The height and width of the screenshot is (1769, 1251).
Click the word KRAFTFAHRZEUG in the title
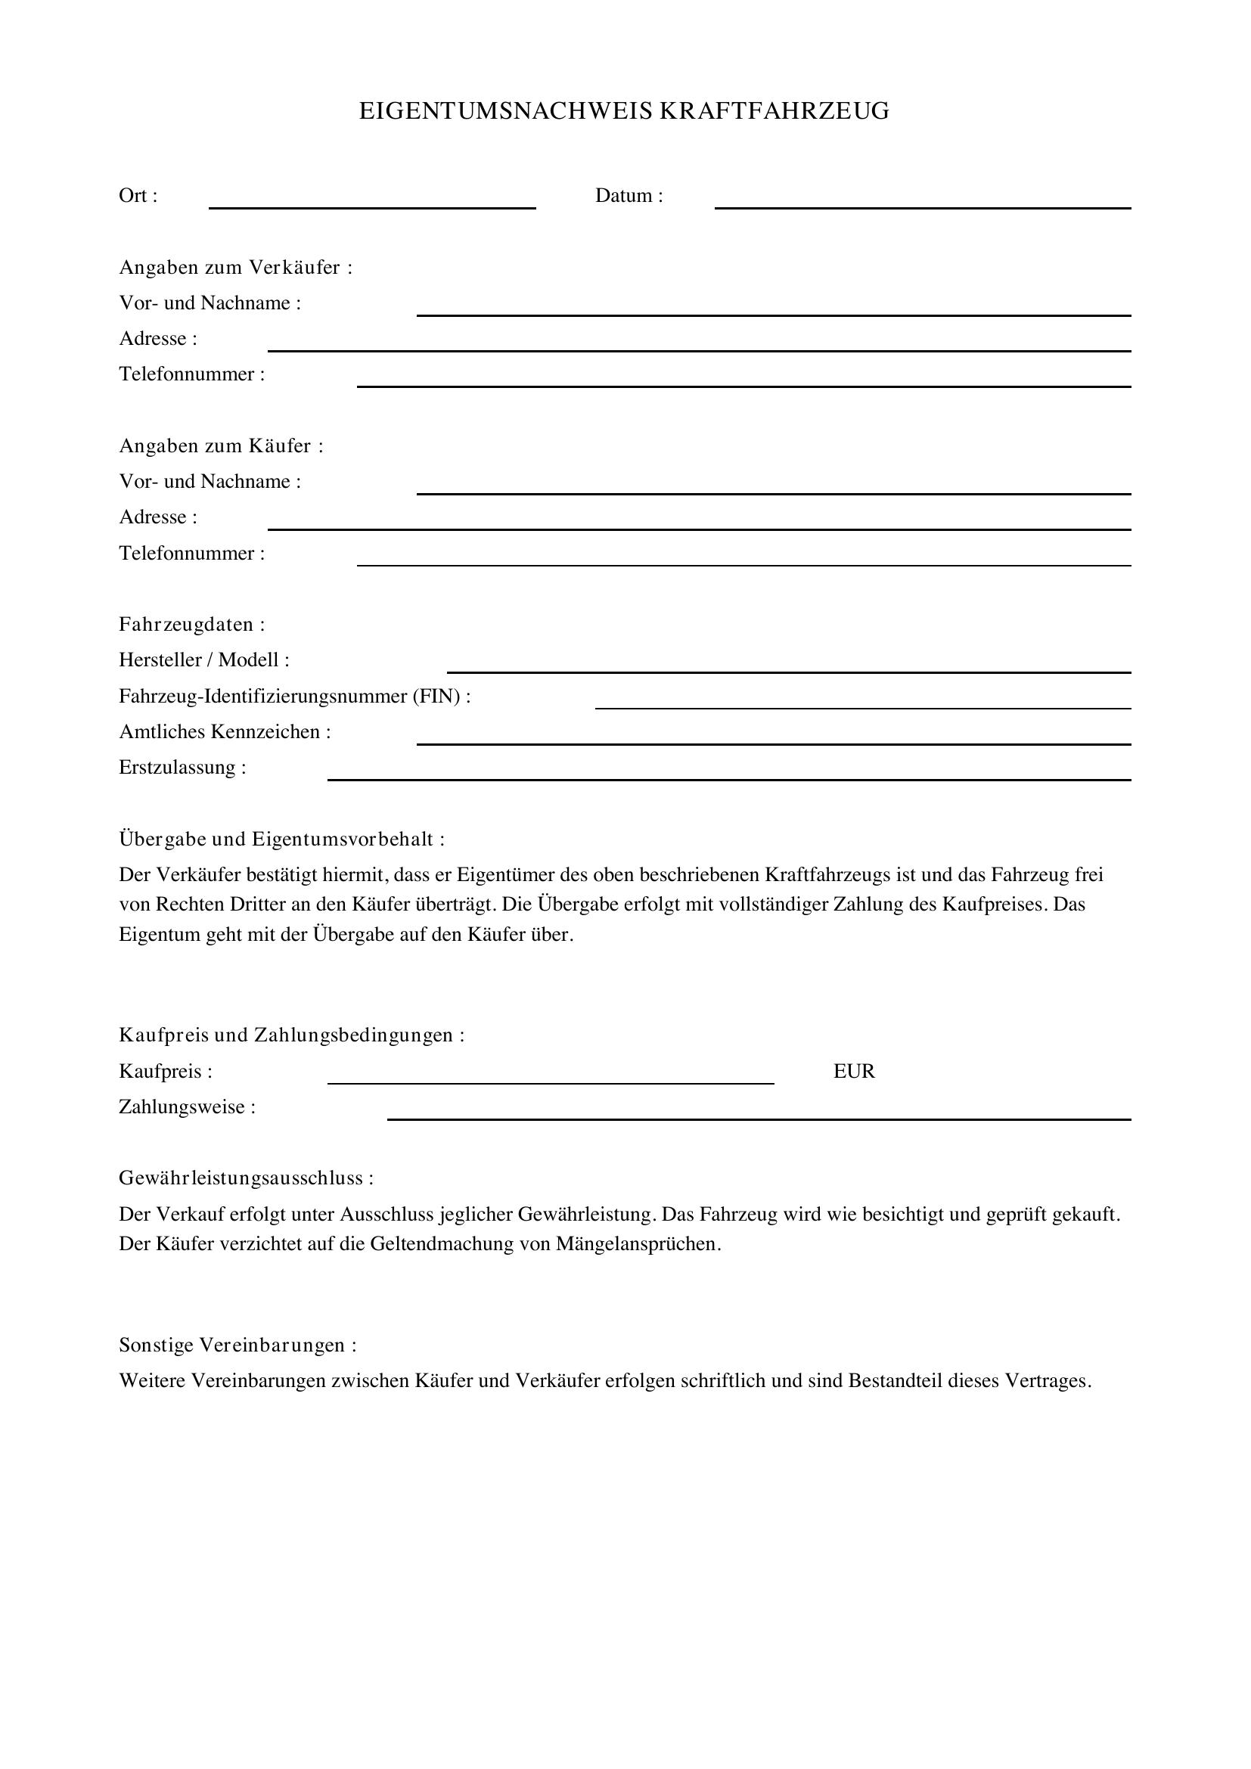click(x=775, y=111)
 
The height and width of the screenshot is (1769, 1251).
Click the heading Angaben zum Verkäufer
click(x=235, y=267)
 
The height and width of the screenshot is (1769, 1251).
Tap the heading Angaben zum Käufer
click(x=220, y=446)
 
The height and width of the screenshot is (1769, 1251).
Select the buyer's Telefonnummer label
click(x=191, y=553)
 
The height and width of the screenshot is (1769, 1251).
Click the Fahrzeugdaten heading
click(x=191, y=624)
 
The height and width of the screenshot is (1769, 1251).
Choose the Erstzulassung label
click(x=182, y=768)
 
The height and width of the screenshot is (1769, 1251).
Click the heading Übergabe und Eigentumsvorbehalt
click(x=281, y=839)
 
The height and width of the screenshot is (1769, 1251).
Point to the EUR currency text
click(x=853, y=1072)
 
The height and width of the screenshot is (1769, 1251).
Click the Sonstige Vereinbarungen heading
click(x=237, y=1345)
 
